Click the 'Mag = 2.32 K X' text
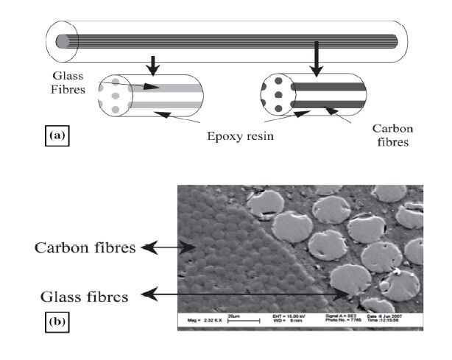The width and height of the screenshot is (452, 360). click(199, 322)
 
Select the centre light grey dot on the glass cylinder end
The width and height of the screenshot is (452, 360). click(114, 96)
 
